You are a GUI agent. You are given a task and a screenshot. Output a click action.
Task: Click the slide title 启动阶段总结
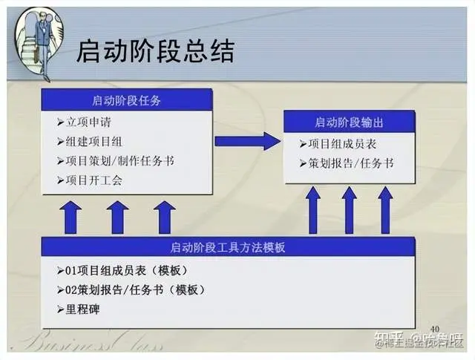pos(155,52)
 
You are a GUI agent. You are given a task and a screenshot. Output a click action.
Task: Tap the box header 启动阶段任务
pos(127,100)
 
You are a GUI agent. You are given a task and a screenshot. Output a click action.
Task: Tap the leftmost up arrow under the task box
pos(71,217)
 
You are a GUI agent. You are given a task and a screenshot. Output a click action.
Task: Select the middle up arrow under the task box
pos(117,217)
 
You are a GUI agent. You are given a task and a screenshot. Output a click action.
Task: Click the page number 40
pos(434,329)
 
